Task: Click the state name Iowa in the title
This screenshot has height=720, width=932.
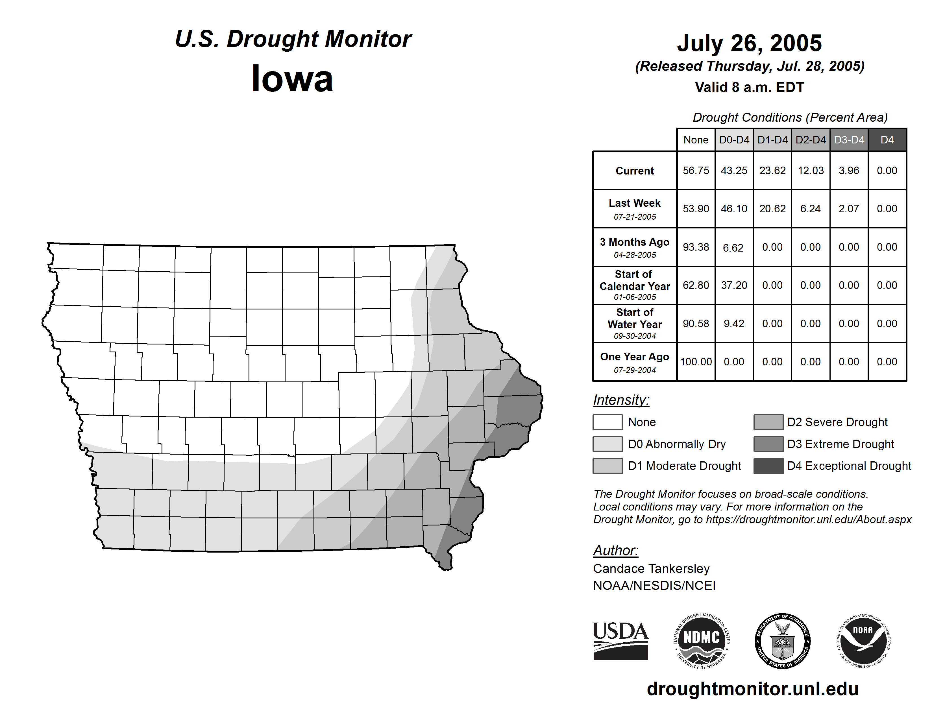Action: coord(292,79)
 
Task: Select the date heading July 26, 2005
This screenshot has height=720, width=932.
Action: coord(749,43)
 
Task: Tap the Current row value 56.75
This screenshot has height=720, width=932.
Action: coord(696,171)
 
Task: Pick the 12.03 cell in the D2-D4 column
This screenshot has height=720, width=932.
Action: coord(810,171)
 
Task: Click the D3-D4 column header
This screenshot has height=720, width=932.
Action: coord(849,140)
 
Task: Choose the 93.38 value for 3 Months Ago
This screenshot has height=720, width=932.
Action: coord(696,247)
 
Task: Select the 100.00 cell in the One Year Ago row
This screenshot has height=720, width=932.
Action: coord(696,362)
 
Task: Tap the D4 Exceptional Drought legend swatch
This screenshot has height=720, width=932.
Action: coord(768,466)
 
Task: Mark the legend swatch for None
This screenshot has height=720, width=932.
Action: coord(607,422)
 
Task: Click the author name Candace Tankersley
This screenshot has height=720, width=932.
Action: coord(651,569)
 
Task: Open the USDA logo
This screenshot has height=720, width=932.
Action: coord(620,641)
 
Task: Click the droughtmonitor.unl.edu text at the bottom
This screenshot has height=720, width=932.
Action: coord(752,689)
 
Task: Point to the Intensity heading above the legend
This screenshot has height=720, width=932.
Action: coord(621,400)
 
